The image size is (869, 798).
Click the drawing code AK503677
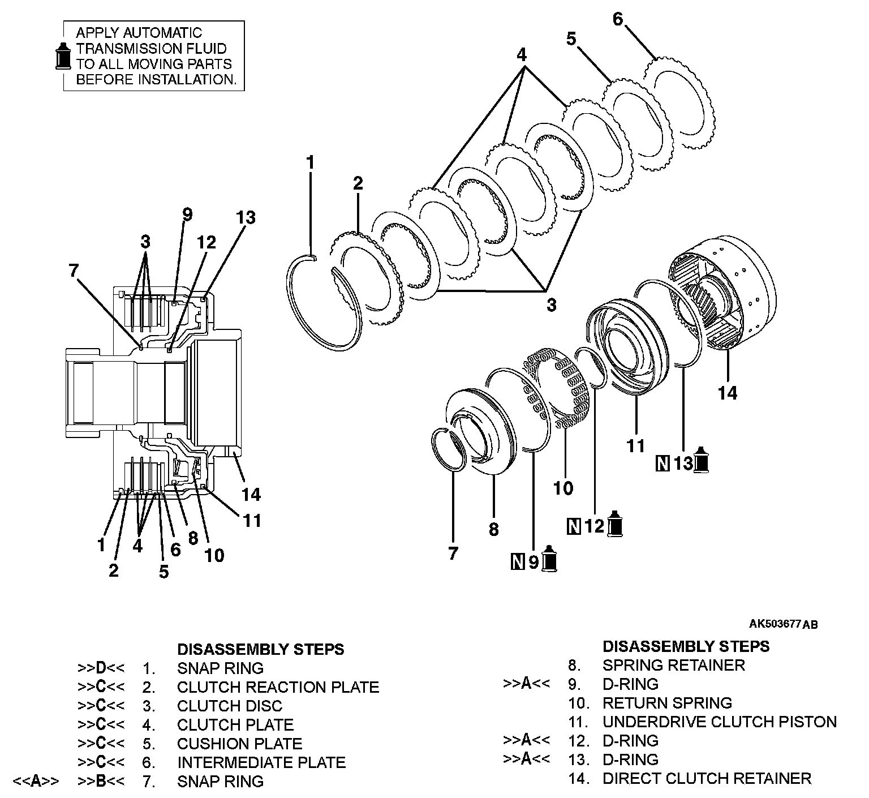(x=774, y=624)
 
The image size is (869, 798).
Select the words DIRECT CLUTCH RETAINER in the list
(x=707, y=778)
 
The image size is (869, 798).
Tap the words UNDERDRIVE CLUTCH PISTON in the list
(x=719, y=722)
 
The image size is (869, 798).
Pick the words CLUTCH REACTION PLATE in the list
(x=278, y=687)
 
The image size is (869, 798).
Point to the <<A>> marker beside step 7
(x=35, y=782)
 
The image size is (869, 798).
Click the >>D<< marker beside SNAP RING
(x=101, y=668)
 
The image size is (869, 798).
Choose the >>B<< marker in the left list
(x=101, y=782)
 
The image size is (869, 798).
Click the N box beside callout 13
(x=662, y=464)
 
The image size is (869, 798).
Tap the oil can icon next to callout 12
(x=615, y=524)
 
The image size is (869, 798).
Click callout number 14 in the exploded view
(x=728, y=393)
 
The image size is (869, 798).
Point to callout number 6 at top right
(x=618, y=19)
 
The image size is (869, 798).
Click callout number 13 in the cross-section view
(x=246, y=217)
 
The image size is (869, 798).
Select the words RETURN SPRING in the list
(x=667, y=703)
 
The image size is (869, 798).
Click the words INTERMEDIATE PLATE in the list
(x=261, y=762)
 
